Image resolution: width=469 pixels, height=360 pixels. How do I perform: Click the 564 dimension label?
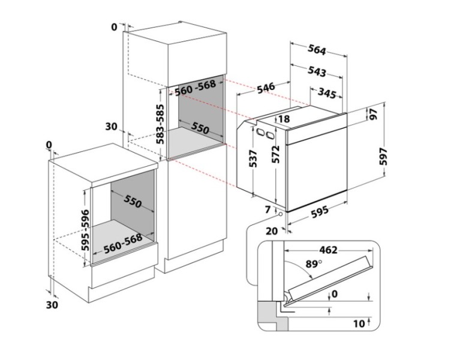317,50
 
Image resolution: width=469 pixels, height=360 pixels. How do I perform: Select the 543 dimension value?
317,71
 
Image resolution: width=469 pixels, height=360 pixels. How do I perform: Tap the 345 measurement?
327,93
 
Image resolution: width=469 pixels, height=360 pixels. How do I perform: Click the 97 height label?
373,114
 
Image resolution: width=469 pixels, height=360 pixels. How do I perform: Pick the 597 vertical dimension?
383,157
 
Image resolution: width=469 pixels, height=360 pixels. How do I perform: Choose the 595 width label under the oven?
320,212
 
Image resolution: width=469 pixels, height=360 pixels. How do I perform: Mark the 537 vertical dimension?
253,158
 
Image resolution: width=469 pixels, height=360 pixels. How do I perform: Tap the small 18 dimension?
284,119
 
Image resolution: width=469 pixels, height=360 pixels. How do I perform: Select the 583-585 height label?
161,124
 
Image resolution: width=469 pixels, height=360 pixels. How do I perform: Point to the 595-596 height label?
85,230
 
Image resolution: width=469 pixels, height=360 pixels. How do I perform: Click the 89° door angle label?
314,264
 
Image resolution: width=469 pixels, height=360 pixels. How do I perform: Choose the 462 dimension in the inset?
328,250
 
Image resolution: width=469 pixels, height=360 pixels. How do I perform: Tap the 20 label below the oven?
272,231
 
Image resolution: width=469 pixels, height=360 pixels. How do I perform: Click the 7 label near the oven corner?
267,209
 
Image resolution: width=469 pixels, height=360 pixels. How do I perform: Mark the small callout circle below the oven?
281,214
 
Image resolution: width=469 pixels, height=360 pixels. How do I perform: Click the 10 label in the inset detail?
359,324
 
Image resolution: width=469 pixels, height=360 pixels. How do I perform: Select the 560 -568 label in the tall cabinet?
195,88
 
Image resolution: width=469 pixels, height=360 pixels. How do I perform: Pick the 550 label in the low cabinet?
132,201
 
